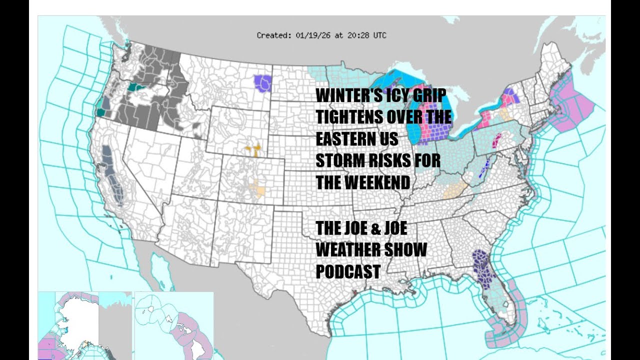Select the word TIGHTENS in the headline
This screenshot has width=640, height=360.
click(x=350, y=118)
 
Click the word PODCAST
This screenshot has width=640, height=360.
click(x=348, y=271)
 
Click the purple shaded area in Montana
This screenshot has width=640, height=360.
click(x=261, y=82)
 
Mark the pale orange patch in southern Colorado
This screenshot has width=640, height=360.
click(x=258, y=189)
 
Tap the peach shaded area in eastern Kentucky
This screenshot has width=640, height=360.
click(x=454, y=190)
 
